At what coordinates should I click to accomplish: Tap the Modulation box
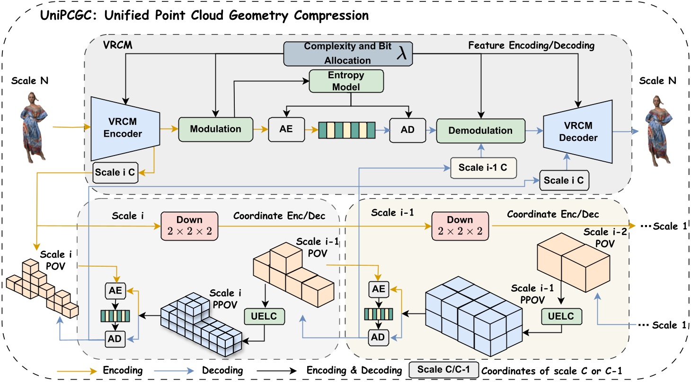coord(216,129)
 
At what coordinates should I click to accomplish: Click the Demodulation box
coord(481,130)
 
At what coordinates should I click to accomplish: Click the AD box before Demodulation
coord(407,129)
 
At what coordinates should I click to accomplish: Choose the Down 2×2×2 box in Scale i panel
coord(189,225)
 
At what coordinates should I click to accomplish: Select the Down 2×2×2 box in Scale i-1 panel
coord(460,225)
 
